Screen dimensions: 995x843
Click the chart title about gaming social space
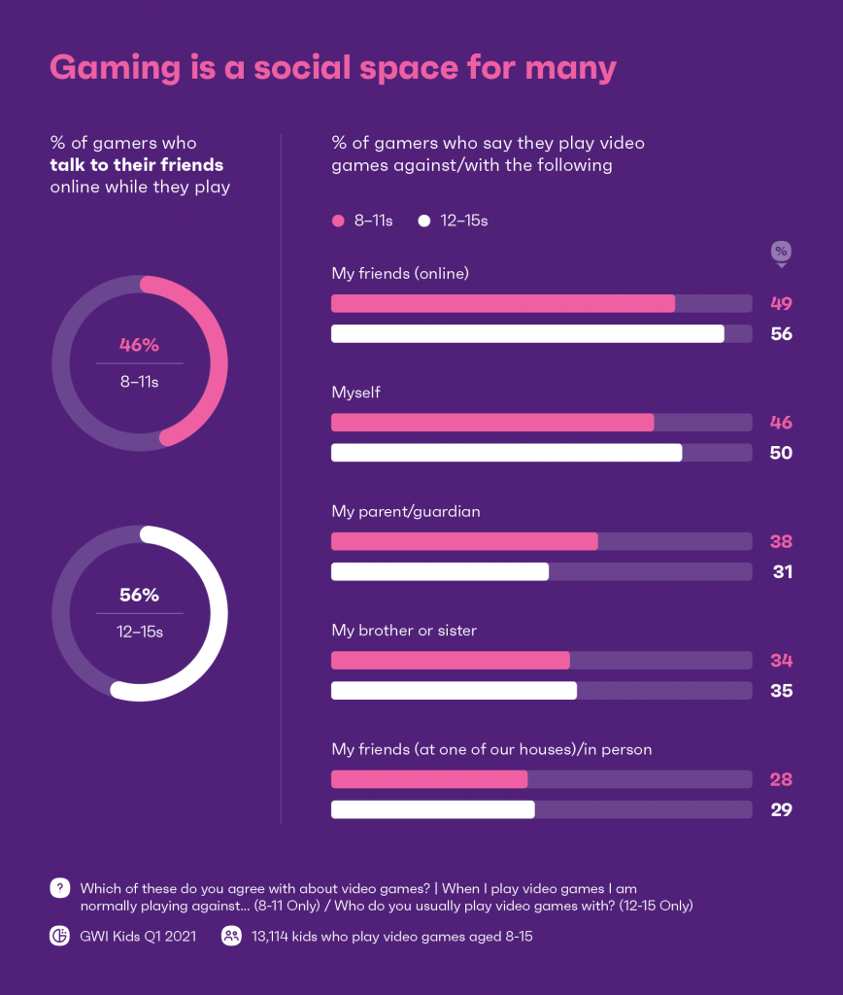click(333, 68)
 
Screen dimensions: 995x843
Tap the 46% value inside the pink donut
click(139, 345)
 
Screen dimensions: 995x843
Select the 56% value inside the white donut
click(139, 596)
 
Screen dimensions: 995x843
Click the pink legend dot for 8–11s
click(338, 221)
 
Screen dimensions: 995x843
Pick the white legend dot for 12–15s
click(423, 221)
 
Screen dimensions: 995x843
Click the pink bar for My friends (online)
click(503, 303)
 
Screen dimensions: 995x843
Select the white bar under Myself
click(506, 453)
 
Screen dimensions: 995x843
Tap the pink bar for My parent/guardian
click(464, 541)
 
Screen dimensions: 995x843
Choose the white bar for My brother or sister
click(454, 691)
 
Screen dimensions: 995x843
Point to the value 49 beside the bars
click(781, 303)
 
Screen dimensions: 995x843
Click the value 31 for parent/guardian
click(781, 572)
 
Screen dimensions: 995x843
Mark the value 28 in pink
click(781, 779)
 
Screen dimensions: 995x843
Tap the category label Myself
click(355, 393)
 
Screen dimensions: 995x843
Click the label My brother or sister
click(404, 631)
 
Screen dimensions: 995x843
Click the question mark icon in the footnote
click(60, 888)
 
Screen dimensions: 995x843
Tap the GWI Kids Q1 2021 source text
click(138, 937)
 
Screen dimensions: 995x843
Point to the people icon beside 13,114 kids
click(231, 937)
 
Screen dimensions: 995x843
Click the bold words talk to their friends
click(136, 165)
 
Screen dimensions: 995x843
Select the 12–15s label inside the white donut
click(139, 633)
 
